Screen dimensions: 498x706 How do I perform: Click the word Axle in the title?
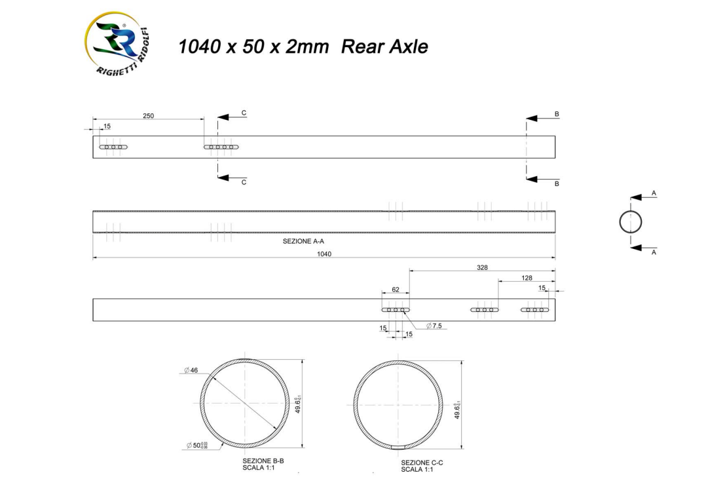(405, 47)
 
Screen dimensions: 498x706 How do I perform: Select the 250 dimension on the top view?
(148, 115)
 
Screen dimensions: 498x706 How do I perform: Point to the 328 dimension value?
(482, 267)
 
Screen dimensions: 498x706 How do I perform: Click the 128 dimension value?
(527, 278)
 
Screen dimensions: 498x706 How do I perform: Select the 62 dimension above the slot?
(395, 288)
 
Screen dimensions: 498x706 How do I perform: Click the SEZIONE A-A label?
(303, 241)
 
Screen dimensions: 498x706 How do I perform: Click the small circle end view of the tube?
(630, 221)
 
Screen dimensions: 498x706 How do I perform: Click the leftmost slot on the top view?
(113, 147)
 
